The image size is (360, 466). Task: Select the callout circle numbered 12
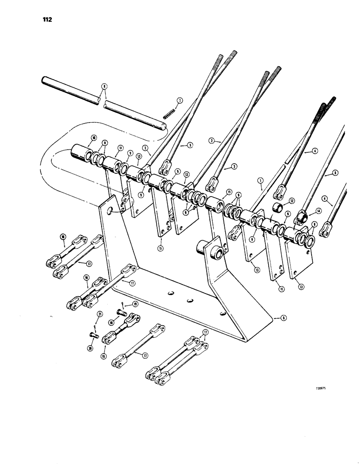(x=292, y=201)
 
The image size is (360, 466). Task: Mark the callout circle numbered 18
(x=111, y=322)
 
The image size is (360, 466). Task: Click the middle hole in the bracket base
(x=190, y=302)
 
